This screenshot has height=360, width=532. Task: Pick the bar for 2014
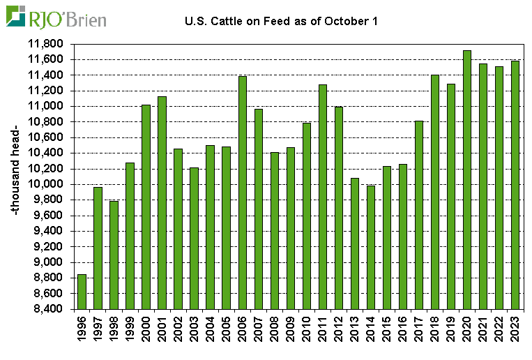coord(370,247)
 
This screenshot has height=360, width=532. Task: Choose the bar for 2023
coord(515,185)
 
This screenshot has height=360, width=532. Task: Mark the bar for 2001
coord(162,202)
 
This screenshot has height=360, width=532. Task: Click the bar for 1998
coord(114,255)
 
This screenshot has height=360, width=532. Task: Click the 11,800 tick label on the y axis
coord(48,44)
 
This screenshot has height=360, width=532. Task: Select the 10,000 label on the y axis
coord(48,184)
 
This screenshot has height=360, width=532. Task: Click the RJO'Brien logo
coord(56,17)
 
